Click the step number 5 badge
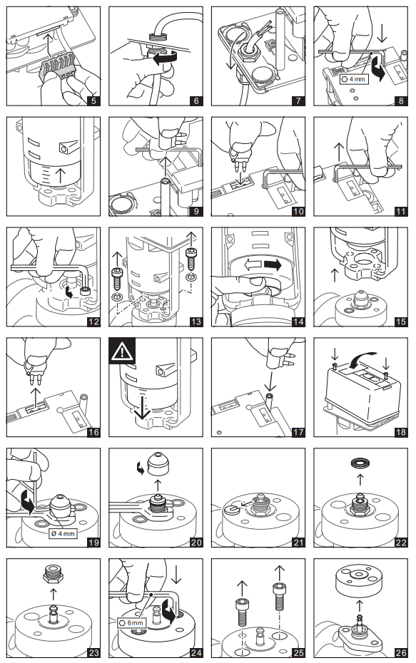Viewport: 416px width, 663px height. click(93, 101)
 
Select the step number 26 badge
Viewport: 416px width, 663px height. click(401, 652)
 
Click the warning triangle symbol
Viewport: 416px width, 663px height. click(122, 351)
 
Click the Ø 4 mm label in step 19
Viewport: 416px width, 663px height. click(63, 533)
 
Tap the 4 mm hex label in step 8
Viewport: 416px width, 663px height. click(354, 79)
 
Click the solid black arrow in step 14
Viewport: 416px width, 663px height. click(273, 265)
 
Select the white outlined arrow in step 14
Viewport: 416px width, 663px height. click(253, 265)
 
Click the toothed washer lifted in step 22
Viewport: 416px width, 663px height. click(360, 463)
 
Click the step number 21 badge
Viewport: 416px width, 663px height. click(298, 542)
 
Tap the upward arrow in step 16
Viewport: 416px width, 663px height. click(36, 397)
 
